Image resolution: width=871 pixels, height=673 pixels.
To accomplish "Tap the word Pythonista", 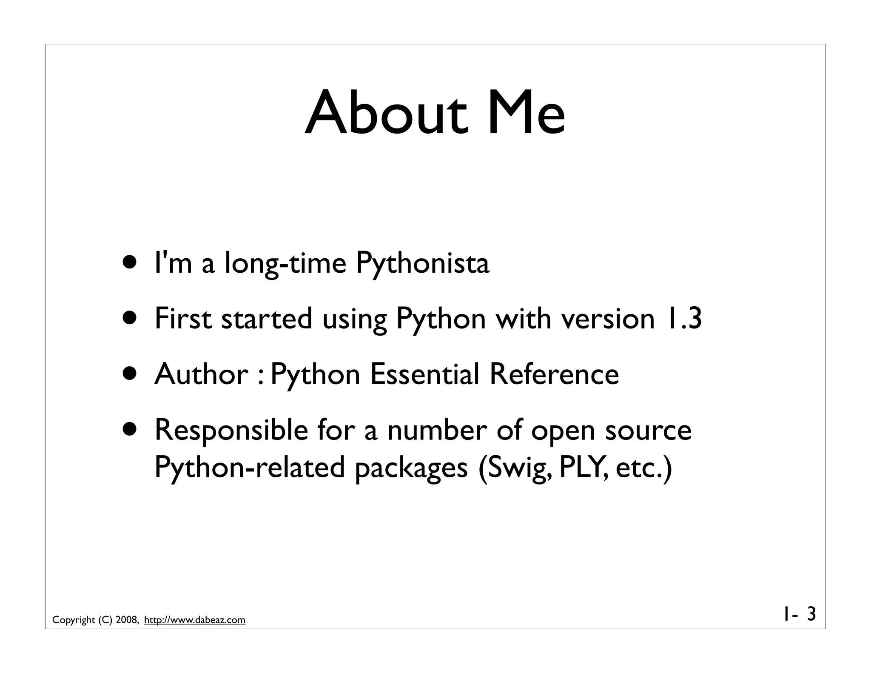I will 422,263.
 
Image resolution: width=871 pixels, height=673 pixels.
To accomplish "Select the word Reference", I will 554,374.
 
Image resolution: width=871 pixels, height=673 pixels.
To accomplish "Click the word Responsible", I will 231,430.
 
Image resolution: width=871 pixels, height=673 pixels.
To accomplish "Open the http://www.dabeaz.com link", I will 195,620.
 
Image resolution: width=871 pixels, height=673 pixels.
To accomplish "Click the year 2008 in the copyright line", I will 127,620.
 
